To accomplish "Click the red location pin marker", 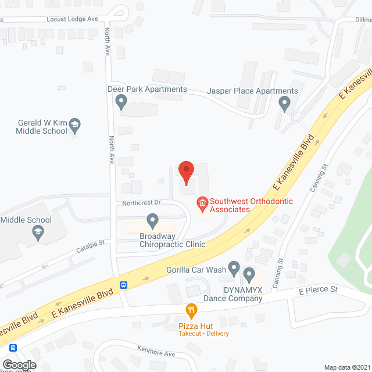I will [185, 172].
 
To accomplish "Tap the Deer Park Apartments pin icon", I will [121, 102].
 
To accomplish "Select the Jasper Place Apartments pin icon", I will [284, 104].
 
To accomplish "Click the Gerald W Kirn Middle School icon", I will [74, 124].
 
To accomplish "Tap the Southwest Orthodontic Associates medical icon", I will [202, 203].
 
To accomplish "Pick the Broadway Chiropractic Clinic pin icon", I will [152, 220].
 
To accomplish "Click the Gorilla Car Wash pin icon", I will [234, 268].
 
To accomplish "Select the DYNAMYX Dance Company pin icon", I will [249, 274].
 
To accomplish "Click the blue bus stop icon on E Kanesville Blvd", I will [123, 285].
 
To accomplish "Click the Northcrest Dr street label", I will [141, 203].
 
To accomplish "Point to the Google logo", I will [19, 364].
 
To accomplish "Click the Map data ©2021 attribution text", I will [346, 367].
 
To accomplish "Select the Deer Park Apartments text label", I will [148, 90].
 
